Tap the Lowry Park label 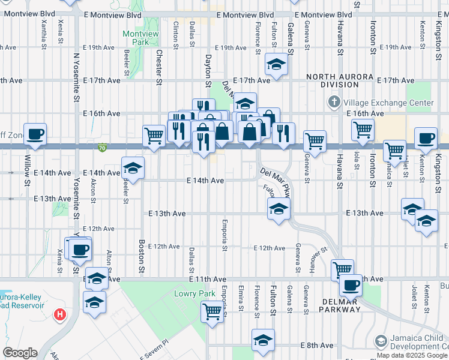pyautogui.click(x=190, y=293)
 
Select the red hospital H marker pyautogui.click(x=60, y=314)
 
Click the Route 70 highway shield pyautogui.click(x=102, y=146)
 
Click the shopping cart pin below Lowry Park pyautogui.click(x=212, y=311)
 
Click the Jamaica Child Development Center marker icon pyautogui.click(x=381, y=341)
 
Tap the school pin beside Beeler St pyautogui.click(x=133, y=168)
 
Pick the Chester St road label pyautogui.click(x=160, y=67)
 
